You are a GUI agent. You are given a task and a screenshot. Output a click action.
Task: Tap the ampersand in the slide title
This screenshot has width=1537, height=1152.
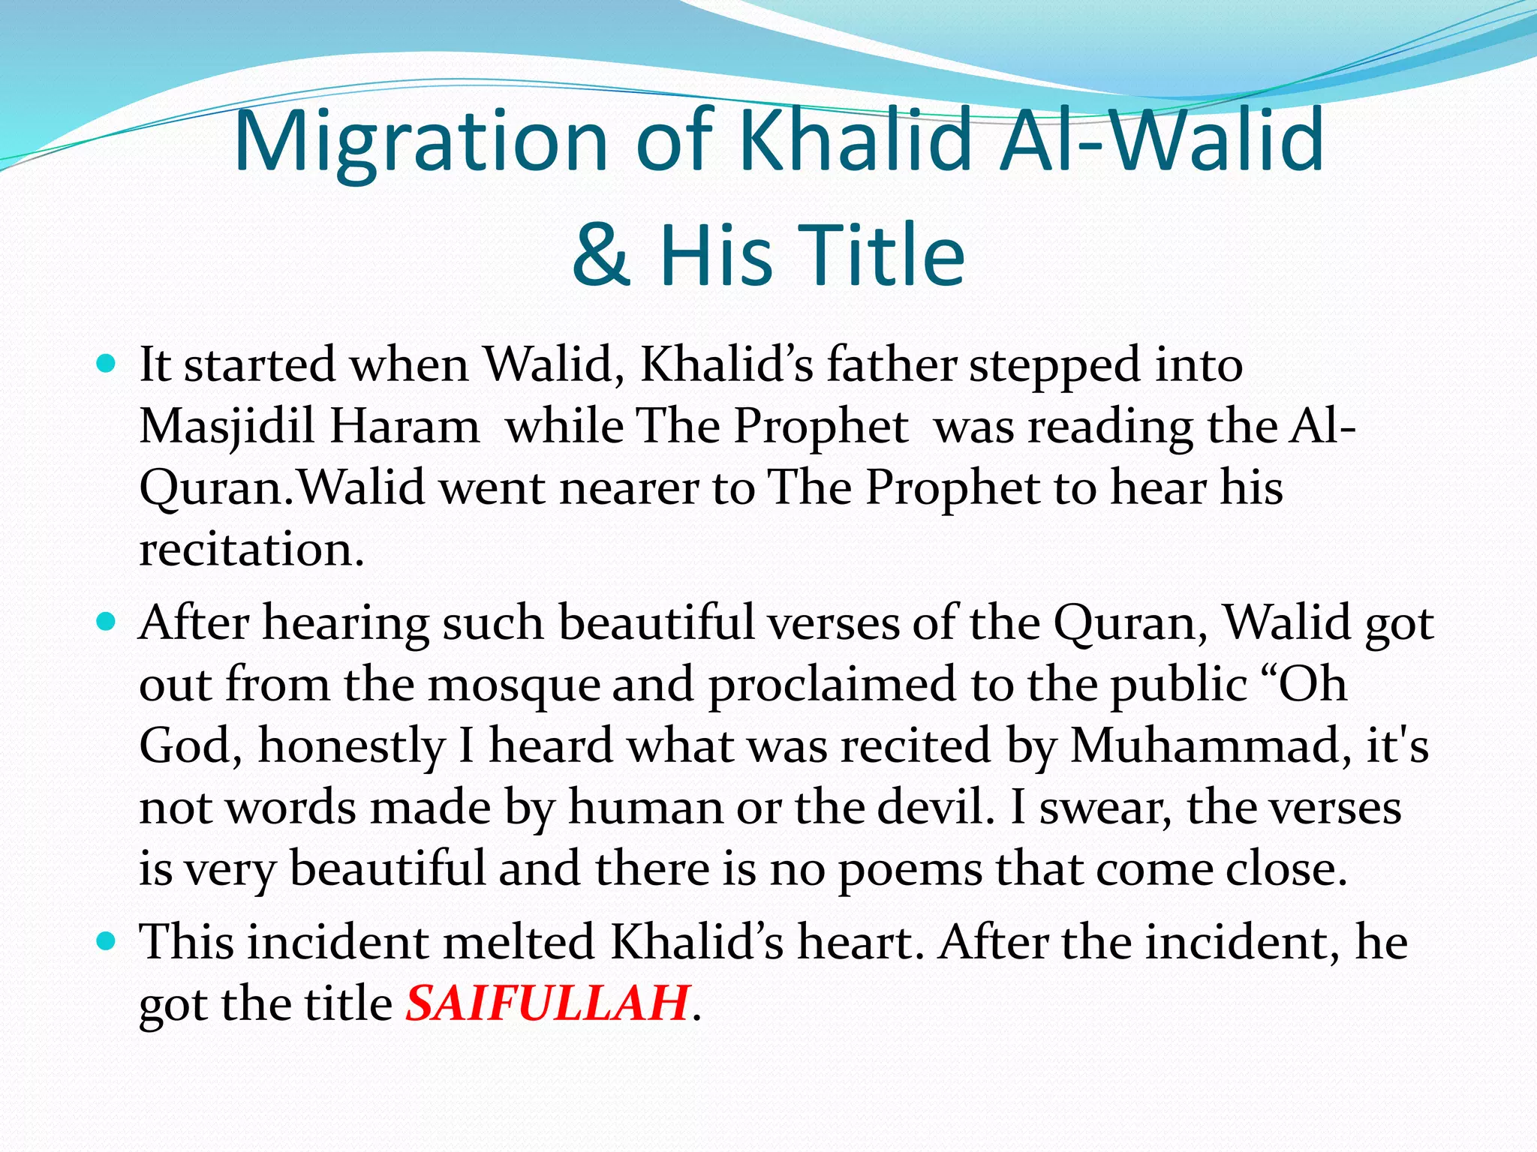pos(600,255)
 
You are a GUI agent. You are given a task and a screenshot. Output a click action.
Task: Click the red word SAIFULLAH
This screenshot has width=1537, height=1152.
pos(546,1003)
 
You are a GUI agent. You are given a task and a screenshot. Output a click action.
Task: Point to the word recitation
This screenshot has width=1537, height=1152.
pos(251,549)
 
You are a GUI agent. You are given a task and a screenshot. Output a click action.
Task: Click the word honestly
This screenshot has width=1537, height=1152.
pos(352,748)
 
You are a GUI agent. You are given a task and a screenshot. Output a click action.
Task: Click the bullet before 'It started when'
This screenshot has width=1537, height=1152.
pos(107,365)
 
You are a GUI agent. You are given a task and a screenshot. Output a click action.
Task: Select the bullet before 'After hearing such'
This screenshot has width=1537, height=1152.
pos(107,622)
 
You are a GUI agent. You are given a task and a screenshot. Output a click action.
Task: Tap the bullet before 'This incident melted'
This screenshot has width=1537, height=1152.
pos(107,940)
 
